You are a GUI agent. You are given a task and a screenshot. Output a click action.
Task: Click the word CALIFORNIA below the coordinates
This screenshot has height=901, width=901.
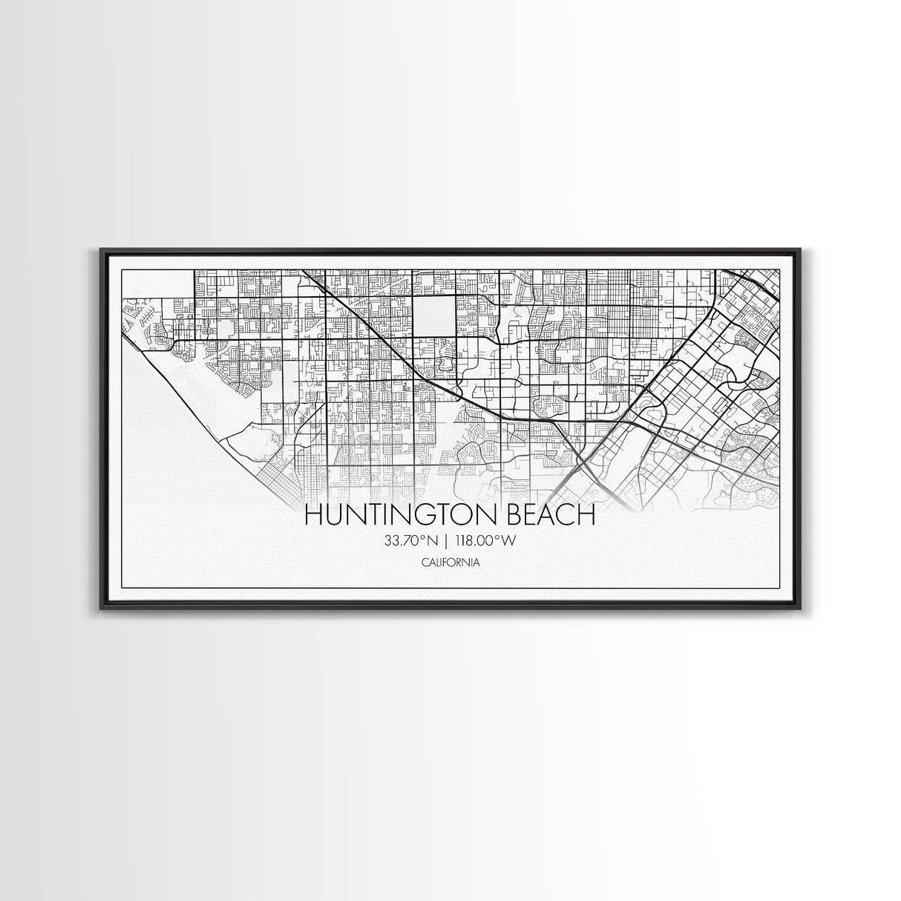coord(449,562)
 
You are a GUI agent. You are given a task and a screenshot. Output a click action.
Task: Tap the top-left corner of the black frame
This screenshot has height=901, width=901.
coord(101,250)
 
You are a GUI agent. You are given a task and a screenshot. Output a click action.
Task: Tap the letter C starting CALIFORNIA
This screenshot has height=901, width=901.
coord(423,562)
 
